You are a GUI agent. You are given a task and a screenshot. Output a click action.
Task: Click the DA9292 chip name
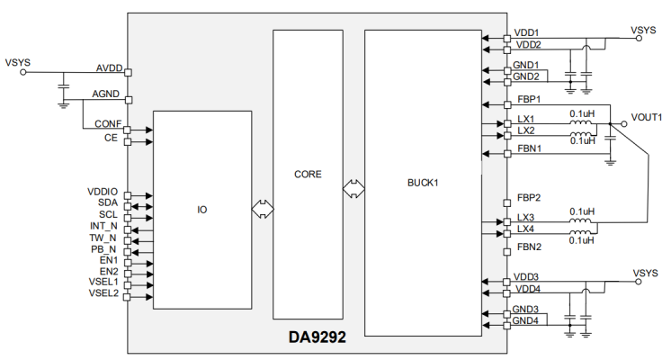coord(317,340)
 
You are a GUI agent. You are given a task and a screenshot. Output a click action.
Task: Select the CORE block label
coord(308,174)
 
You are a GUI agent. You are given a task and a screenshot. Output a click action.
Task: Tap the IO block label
coord(202,210)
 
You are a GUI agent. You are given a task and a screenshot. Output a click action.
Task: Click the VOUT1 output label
coord(647,117)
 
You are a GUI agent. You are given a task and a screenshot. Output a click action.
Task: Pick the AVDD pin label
coord(110,68)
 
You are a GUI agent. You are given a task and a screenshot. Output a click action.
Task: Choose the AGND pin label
coord(109,94)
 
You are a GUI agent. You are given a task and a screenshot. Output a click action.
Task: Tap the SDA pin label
coord(109,203)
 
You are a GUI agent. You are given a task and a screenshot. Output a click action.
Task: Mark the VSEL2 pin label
coord(103,292)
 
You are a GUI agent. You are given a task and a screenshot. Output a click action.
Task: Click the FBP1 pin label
coord(529,99)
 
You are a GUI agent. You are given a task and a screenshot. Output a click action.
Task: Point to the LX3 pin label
coord(526,218)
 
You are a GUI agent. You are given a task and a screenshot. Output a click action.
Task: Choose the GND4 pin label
coord(526,320)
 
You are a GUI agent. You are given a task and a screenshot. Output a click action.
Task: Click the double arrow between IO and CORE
coord(262,209)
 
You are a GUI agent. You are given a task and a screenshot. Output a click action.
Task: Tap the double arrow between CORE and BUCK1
coord(353,189)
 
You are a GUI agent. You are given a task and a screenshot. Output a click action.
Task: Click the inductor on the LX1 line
coord(582,123)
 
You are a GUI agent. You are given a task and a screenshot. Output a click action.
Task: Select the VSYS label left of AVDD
coord(18,63)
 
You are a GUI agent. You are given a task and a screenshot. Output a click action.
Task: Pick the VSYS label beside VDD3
coord(645,273)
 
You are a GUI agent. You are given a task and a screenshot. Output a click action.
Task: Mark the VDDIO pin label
coord(103,192)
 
